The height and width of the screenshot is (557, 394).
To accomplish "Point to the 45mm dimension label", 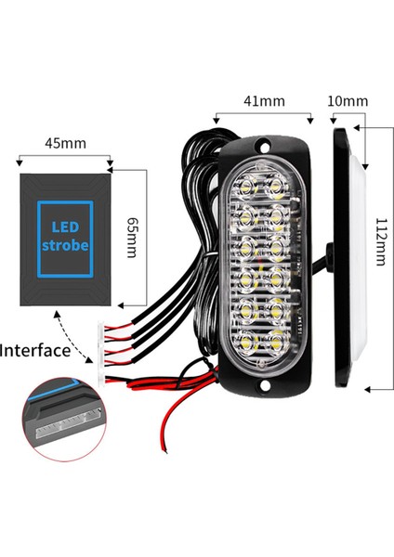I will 67,143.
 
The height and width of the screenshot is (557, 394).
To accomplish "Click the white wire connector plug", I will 102,341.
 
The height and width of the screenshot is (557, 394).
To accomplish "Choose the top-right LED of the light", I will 276,186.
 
